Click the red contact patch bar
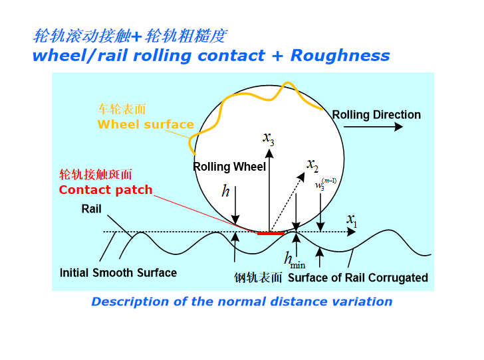(x=271, y=233)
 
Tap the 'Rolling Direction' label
(x=376, y=115)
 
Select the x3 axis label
(x=268, y=137)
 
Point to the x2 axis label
(x=312, y=163)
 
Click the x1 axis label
(x=352, y=220)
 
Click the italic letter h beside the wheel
(x=225, y=192)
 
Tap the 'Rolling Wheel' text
(x=229, y=167)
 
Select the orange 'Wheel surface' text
(x=146, y=124)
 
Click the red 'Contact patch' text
(x=106, y=190)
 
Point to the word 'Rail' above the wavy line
(x=92, y=209)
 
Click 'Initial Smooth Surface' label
(x=118, y=273)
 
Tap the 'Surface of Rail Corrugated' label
(x=358, y=278)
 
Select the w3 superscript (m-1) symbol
(x=325, y=183)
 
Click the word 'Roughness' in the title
(x=340, y=56)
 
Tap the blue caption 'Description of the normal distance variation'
(x=242, y=302)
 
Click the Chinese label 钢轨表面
(x=259, y=278)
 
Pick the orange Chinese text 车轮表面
(x=122, y=109)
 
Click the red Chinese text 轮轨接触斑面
(x=96, y=175)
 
